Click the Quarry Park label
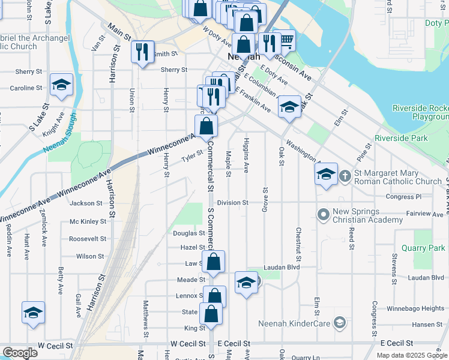click(424, 248)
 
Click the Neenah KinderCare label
click(294, 324)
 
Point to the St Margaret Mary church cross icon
click(345, 176)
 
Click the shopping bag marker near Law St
click(213, 262)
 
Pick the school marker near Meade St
click(246, 283)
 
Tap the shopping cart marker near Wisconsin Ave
click(286, 41)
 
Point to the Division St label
click(232, 203)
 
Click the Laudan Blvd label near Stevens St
click(425, 278)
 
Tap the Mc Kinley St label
click(88, 221)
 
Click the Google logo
click(19, 353)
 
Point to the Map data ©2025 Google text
click(411, 355)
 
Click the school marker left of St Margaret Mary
click(326, 175)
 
